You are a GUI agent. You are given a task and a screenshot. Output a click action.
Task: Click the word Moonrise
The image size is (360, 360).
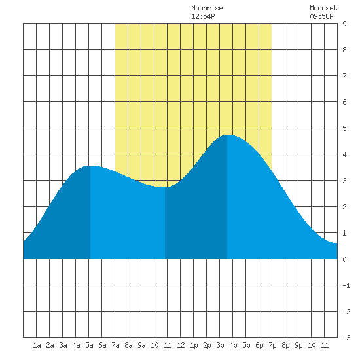click(x=207, y=8)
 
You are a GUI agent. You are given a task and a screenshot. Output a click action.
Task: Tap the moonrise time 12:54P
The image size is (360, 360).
click(x=203, y=16)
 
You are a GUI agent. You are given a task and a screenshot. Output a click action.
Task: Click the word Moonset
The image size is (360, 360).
click(x=323, y=8)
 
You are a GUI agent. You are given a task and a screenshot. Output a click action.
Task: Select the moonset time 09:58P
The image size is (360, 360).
click(x=321, y=16)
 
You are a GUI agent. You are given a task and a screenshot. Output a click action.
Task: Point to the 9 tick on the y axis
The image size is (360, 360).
click(x=344, y=24)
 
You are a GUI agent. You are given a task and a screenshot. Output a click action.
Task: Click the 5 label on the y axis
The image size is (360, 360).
click(x=344, y=128)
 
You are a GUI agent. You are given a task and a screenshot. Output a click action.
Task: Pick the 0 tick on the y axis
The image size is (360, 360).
click(x=344, y=259)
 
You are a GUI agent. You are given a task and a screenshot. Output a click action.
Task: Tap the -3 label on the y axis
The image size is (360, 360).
click(x=346, y=338)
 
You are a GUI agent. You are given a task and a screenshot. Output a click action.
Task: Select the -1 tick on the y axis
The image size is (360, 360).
click(x=346, y=285)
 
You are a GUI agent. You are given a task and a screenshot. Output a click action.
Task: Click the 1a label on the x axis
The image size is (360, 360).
click(x=37, y=345)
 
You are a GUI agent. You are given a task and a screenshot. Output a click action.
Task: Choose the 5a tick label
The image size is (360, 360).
click(x=89, y=345)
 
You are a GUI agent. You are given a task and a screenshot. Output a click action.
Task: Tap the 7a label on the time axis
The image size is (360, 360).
click(x=115, y=345)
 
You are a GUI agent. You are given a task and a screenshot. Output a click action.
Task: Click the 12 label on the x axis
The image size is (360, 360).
click(x=181, y=345)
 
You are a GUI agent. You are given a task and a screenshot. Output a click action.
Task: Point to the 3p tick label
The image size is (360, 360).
click(x=220, y=345)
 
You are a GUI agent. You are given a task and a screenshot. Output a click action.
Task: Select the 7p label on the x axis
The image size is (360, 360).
click(x=272, y=345)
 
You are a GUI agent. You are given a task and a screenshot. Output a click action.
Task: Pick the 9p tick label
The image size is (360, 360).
click(x=298, y=345)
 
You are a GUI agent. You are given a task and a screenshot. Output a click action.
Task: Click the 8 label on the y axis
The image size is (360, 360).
click(x=344, y=50)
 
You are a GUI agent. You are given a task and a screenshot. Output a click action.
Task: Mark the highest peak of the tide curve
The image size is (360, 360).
click(x=227, y=135)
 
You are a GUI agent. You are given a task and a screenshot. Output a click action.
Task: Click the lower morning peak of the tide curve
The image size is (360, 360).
click(x=90, y=166)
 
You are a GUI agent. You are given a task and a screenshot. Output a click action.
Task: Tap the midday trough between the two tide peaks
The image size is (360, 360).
click(x=165, y=187)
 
